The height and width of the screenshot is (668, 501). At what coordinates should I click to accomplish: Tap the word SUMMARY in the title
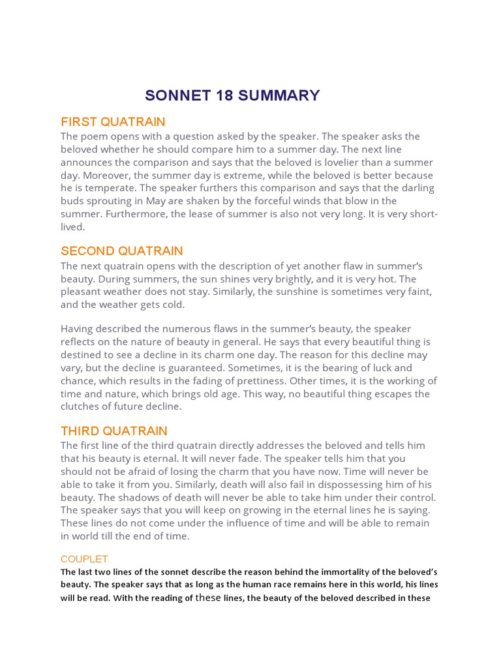[279, 96]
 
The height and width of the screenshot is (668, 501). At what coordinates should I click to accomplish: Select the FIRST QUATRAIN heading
[113, 122]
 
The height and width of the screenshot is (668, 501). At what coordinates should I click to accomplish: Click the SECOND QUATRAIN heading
[122, 251]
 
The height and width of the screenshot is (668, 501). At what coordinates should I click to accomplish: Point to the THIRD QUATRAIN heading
[114, 431]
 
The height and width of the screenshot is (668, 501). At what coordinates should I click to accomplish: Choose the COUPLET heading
[84, 559]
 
